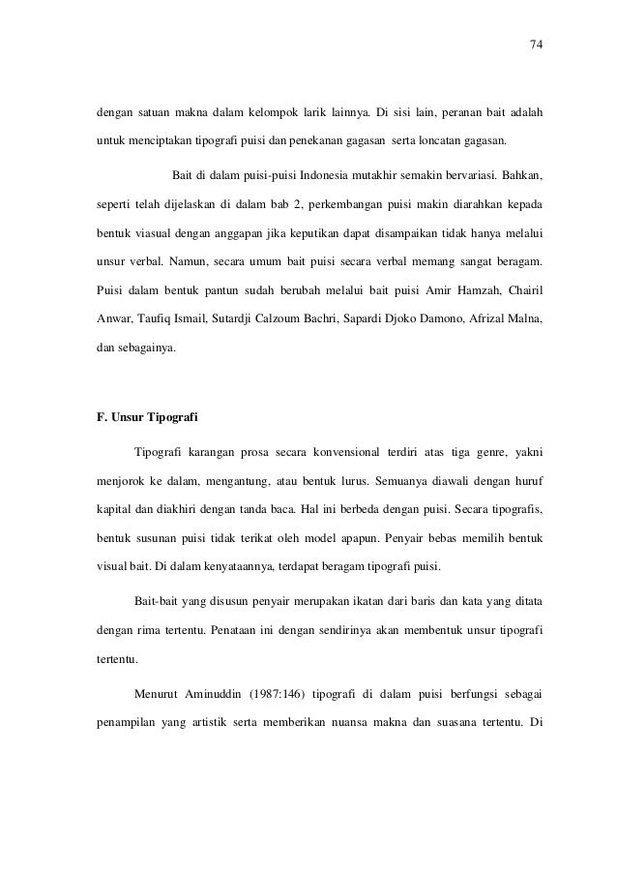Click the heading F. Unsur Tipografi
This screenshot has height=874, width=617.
pyautogui.click(x=140, y=419)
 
